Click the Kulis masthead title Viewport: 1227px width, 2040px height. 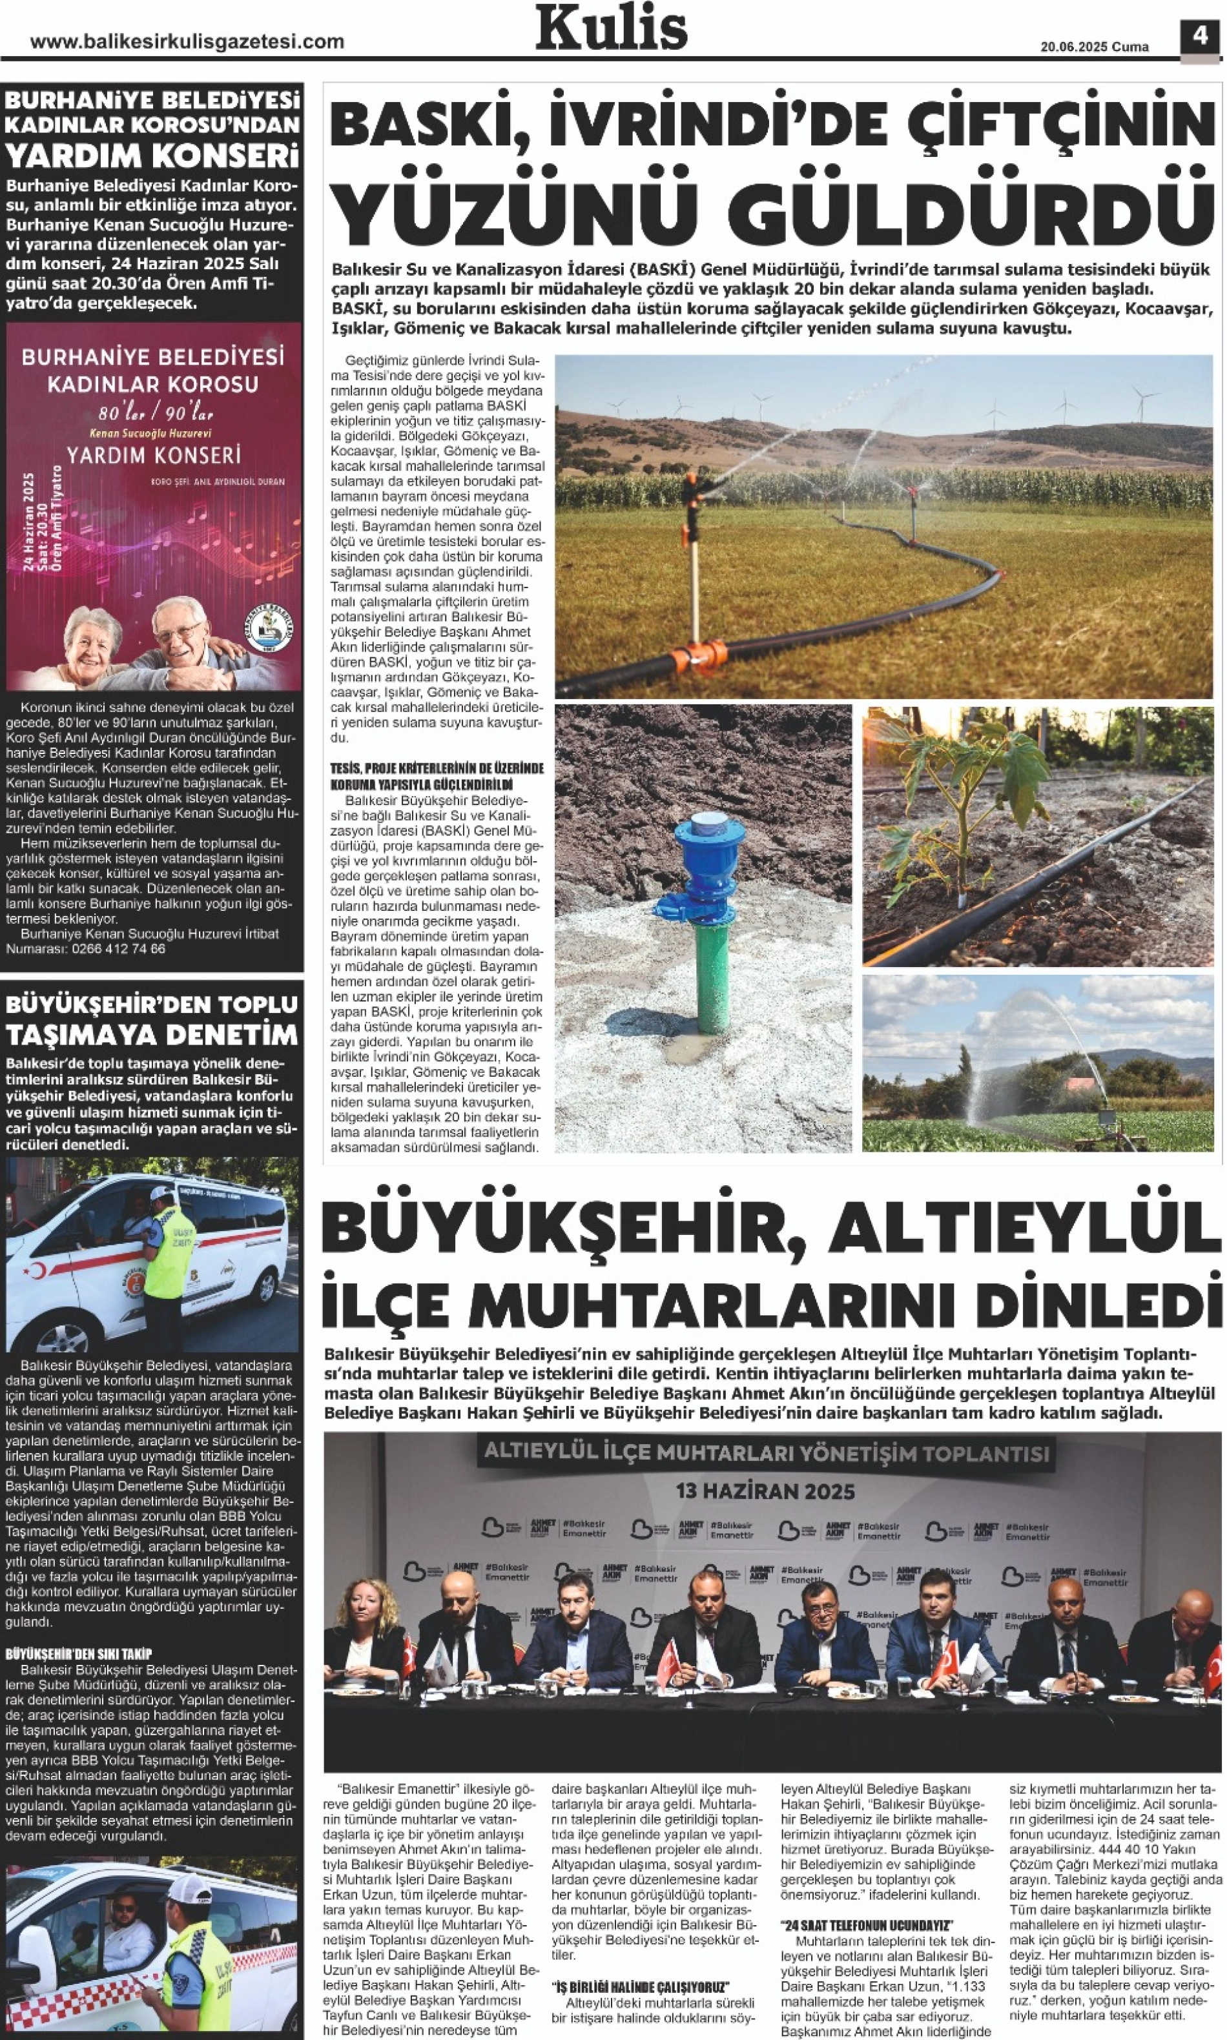pyautogui.click(x=611, y=28)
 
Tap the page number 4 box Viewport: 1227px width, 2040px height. pyautogui.click(x=1201, y=36)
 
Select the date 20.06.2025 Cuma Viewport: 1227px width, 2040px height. pyautogui.click(x=1094, y=47)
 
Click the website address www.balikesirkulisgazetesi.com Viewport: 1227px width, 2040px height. pyautogui.click(x=187, y=42)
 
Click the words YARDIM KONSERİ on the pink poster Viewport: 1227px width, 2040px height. pyautogui.click(x=154, y=454)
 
